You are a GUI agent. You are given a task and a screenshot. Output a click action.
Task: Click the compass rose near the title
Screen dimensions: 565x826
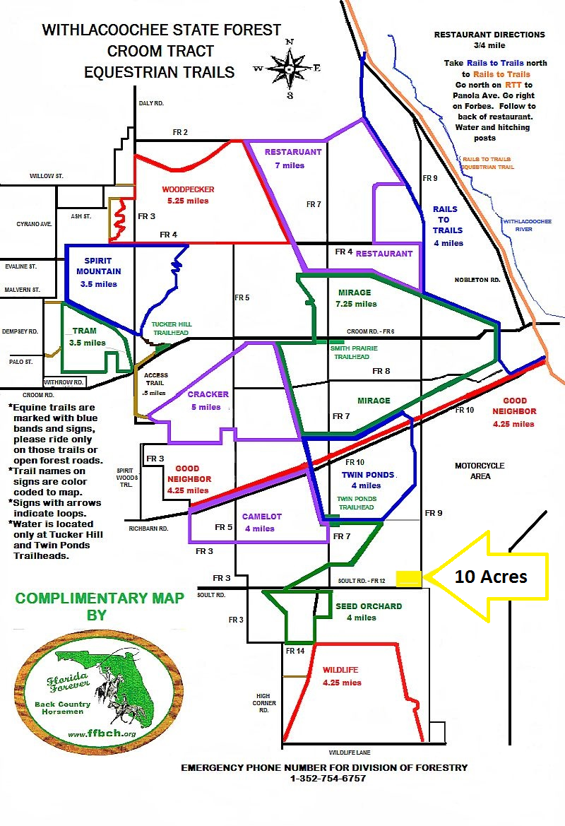coord(289,69)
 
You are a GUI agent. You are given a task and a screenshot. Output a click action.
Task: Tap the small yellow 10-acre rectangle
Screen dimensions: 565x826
coord(409,579)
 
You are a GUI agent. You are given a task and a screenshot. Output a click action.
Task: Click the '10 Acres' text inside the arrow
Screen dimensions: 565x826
coord(491,577)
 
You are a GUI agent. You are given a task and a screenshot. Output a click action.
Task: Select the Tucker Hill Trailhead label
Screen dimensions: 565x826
coord(171,328)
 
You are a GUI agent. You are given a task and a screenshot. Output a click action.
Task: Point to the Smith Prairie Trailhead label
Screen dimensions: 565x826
coord(354,353)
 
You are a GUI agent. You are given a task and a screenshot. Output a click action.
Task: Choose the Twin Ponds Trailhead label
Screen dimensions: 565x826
coord(357,502)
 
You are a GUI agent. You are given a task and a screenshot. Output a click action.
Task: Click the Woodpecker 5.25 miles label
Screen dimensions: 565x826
coord(188,195)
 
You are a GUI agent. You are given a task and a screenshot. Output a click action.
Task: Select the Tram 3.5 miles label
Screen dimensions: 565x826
coord(88,336)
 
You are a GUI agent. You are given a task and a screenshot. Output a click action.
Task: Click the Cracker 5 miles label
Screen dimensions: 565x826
coord(208,401)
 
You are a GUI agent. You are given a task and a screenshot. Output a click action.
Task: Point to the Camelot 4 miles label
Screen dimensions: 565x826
coord(261,523)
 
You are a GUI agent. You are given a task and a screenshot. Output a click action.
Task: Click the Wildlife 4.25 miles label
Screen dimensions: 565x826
coord(342,676)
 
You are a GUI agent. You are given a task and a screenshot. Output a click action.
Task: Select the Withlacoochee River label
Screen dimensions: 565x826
coord(527,225)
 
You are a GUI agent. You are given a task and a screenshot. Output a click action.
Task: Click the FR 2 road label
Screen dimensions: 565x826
coord(180,132)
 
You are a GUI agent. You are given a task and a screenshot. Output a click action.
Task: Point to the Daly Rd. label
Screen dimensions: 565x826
coord(151,103)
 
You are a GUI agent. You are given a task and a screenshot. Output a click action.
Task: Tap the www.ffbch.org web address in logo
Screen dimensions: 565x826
coord(102,733)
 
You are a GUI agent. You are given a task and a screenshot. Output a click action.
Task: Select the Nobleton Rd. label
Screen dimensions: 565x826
coord(477,280)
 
